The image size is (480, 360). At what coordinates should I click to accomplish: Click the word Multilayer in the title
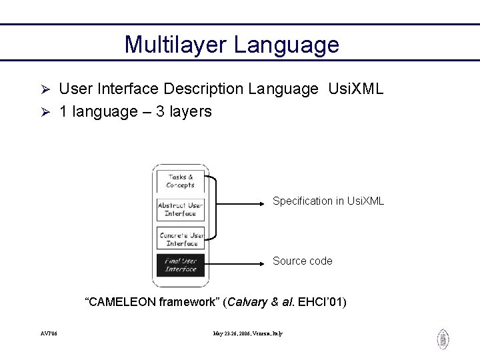(x=175, y=45)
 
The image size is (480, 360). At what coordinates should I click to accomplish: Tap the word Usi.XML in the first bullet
(x=356, y=89)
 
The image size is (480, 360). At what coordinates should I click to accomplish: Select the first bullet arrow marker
(x=47, y=89)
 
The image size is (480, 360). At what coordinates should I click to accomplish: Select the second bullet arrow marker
(x=47, y=112)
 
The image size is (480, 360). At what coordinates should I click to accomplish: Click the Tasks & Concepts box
(x=181, y=181)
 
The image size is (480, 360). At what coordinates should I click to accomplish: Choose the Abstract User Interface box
(x=181, y=209)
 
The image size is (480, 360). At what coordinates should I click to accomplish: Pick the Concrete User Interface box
(x=181, y=239)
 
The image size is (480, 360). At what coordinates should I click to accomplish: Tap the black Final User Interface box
(x=181, y=265)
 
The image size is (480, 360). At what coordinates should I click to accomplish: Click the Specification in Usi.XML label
(x=328, y=201)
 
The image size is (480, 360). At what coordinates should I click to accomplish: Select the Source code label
(x=302, y=261)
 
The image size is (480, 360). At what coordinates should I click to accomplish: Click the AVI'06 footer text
(x=48, y=333)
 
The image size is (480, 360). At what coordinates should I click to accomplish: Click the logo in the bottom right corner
(x=443, y=339)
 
